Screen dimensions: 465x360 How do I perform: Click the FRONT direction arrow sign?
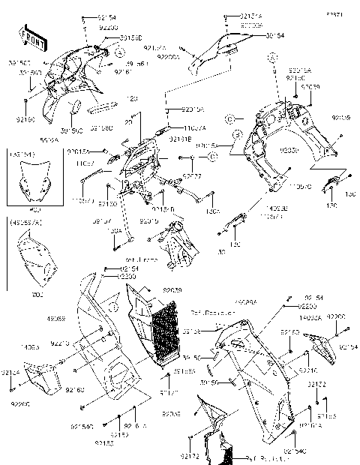point(28,35)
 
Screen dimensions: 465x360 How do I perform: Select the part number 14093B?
point(280,209)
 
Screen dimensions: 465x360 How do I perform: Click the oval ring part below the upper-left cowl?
point(76,110)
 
